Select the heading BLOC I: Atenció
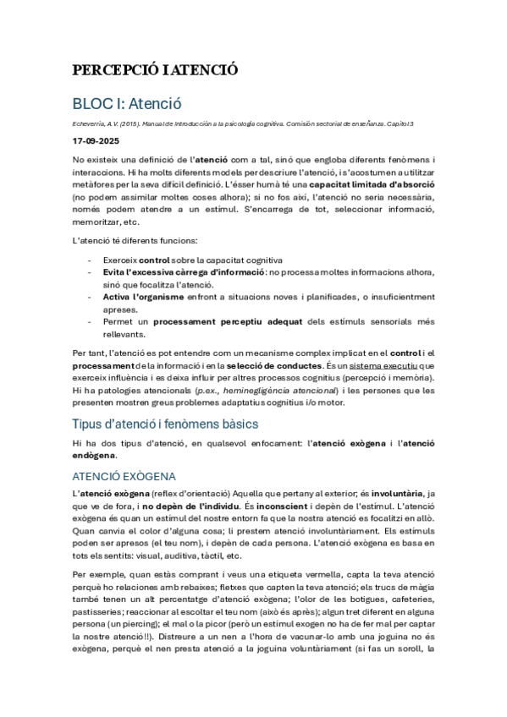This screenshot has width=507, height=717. tap(127, 105)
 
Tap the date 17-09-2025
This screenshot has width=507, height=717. tap(96, 142)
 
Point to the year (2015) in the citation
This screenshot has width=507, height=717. tap(131, 125)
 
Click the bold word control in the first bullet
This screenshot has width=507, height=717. tap(153, 260)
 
